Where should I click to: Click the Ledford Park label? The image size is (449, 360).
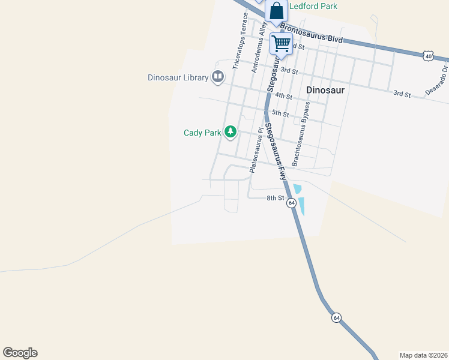coord(313,6)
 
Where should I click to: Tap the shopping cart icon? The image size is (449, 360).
coord(281,43)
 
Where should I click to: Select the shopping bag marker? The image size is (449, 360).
coord(276,11)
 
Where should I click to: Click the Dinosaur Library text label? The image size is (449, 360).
coord(178,77)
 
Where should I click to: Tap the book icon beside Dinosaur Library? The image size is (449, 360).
coord(218,77)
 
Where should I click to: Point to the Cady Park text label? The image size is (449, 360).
coord(202,133)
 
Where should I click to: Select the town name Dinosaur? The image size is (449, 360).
coord(325,90)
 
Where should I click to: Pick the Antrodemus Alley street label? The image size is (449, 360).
coord(259,52)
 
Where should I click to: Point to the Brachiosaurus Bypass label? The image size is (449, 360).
coord(301,134)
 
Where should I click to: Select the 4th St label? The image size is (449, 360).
coord(283,96)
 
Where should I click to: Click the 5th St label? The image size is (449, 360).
coord(280,113)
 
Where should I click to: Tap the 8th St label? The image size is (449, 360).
coord(275,198)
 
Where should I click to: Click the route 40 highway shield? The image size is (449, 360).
coord(428,56)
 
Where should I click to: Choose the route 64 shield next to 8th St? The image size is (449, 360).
coord(292,203)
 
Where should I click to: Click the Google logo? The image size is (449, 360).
coord(20,353)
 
